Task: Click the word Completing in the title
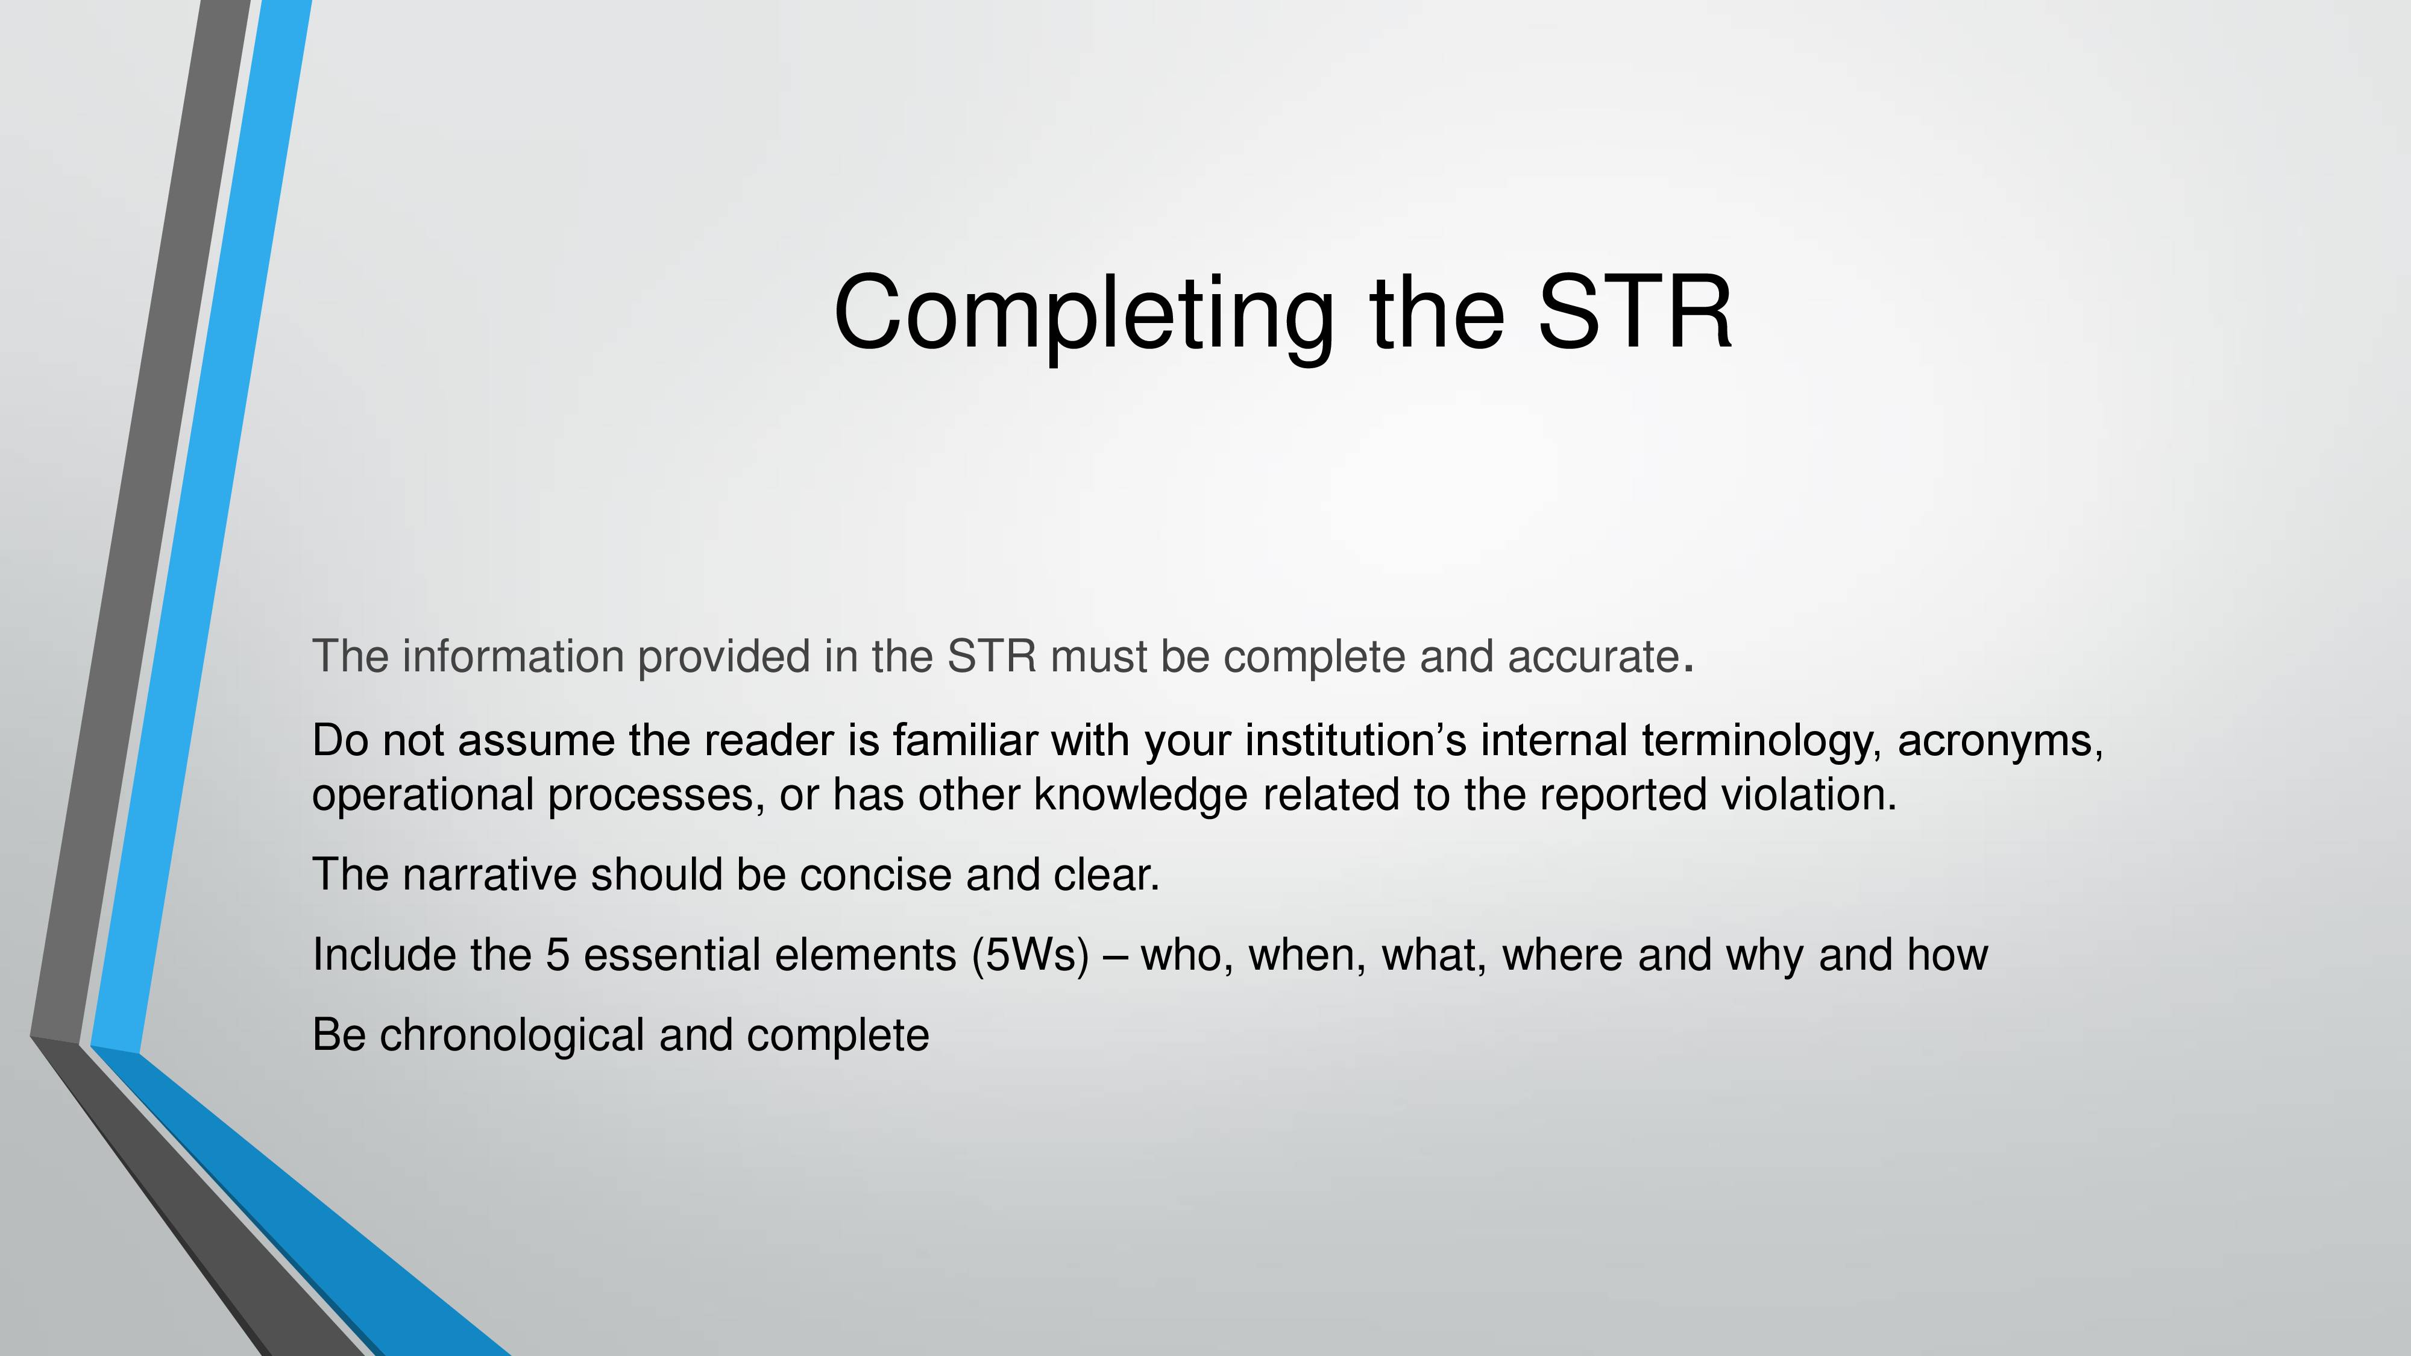tap(1084, 315)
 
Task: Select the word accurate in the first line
tap(1594, 657)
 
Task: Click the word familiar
tap(965, 740)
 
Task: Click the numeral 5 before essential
tap(557, 955)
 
